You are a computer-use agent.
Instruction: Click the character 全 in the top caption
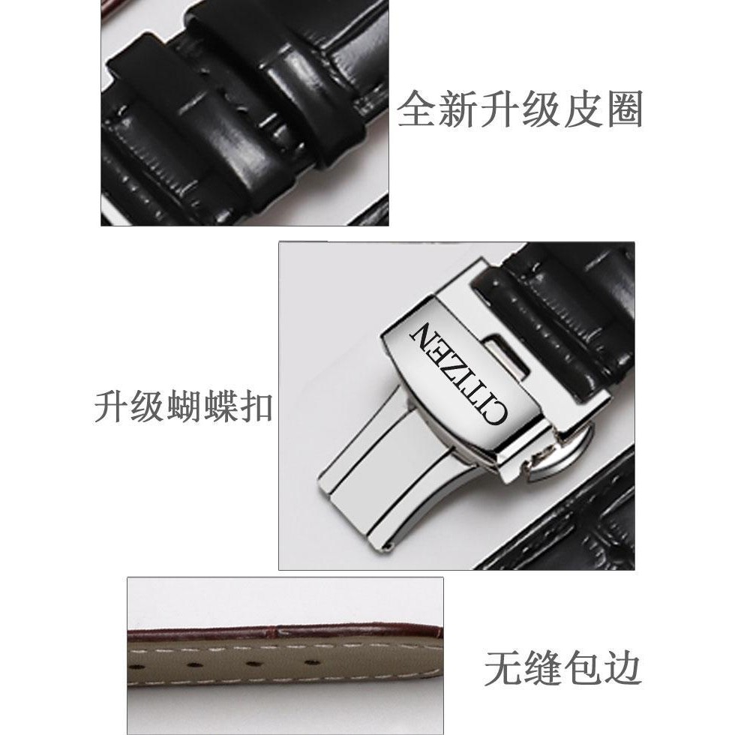(416, 109)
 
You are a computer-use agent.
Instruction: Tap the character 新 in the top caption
(457, 109)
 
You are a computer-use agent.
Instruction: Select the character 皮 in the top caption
(582, 109)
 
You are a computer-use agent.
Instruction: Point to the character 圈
(623, 109)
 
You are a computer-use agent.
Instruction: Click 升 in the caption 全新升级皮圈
(499, 109)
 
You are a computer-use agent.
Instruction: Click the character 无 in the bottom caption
(503, 667)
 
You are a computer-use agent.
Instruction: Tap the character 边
(622, 667)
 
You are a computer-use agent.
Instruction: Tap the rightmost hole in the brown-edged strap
(310, 662)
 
